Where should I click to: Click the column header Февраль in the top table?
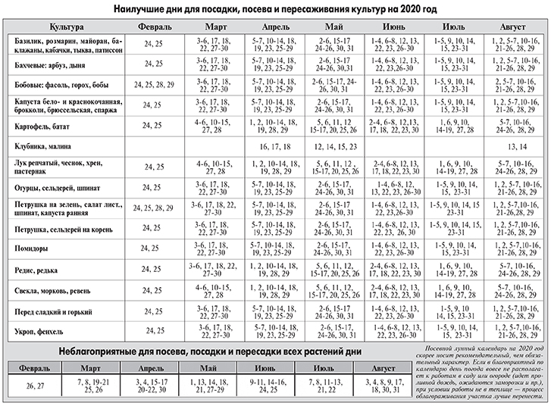tap(155, 27)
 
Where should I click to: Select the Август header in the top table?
tap(512, 27)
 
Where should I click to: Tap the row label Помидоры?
tap(31, 248)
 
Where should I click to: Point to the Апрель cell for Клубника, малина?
tap(275, 146)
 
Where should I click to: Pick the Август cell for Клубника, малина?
tap(517, 146)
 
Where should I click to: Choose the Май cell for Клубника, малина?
tap(335, 146)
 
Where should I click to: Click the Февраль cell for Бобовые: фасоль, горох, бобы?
tap(154, 85)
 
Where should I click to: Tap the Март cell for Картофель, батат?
tap(213, 126)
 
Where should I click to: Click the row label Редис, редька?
tap(36, 270)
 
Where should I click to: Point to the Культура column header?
tap(67, 27)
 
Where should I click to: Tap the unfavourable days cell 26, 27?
tap(35, 386)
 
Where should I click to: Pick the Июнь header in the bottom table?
tap(265, 368)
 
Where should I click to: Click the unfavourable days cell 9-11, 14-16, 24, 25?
tap(268, 386)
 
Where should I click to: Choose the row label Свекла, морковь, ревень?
tap(52, 291)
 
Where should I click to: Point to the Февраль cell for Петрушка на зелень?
tap(153, 208)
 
